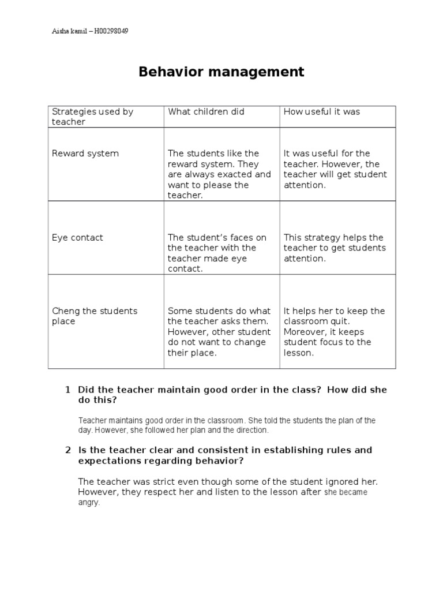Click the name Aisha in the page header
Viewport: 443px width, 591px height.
coord(61,31)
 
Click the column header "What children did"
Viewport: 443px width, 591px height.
coord(206,111)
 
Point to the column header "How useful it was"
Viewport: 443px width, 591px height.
coord(321,111)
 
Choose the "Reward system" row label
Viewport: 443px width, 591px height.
coord(85,154)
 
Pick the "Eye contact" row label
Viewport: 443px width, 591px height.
coord(77,238)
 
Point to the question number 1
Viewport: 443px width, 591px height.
coord(67,390)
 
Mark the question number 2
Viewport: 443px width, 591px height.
coord(67,450)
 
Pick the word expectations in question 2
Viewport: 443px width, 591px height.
coord(107,461)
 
